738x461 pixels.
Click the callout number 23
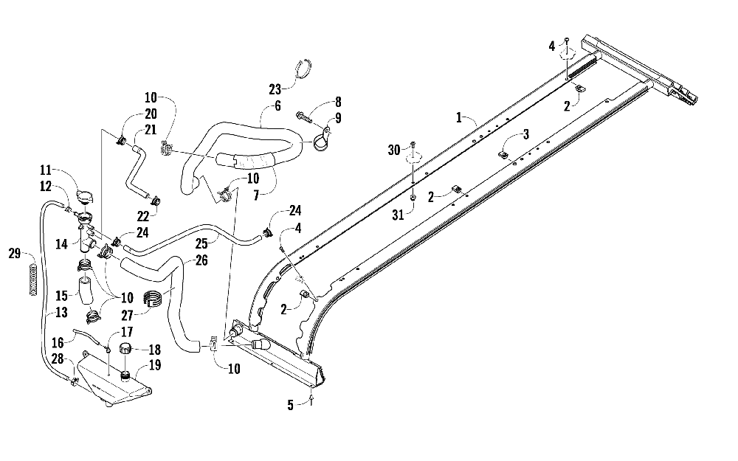[x=275, y=89]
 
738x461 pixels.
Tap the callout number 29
[x=15, y=254]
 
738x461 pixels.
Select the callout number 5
[x=290, y=405]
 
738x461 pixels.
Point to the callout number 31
[x=399, y=215]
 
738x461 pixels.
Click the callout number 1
[x=459, y=117]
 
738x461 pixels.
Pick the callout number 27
[x=127, y=315]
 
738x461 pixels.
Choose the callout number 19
[x=155, y=365]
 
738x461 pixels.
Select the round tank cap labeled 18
[x=125, y=349]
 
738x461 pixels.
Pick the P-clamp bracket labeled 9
[x=324, y=139]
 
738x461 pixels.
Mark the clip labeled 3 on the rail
[x=502, y=154]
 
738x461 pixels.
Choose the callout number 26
[x=201, y=260]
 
